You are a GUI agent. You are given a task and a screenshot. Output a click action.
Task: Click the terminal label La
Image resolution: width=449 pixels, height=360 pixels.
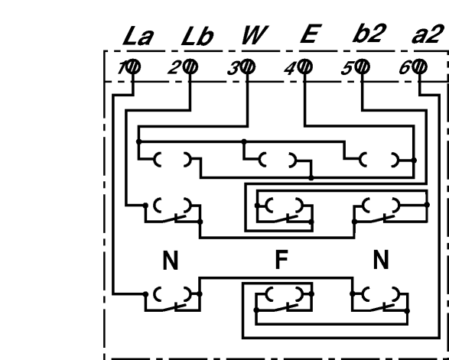point(138,36)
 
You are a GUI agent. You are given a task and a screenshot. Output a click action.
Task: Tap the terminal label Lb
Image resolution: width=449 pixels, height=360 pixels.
point(197,36)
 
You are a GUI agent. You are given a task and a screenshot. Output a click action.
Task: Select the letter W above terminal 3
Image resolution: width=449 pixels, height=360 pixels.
point(255,35)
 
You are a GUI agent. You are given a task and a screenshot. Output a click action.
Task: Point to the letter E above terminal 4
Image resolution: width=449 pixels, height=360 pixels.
point(311,34)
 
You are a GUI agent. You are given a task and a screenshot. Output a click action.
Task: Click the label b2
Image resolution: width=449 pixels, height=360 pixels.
point(369,34)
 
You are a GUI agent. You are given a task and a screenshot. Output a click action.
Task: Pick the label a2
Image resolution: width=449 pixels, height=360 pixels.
point(426,35)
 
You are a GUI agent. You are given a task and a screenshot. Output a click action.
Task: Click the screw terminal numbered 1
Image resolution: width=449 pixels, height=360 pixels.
point(133,66)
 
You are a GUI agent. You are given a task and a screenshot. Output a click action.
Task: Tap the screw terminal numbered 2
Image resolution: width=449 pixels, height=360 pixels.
point(190,66)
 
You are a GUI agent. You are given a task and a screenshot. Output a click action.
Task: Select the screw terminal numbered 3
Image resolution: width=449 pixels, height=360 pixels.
point(247,66)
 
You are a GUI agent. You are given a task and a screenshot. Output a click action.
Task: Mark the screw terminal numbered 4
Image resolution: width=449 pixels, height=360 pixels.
point(305,66)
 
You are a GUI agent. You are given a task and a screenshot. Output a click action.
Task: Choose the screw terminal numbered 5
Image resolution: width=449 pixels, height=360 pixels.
point(363,66)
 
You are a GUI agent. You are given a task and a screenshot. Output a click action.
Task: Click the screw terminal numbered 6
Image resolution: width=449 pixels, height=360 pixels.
point(419,66)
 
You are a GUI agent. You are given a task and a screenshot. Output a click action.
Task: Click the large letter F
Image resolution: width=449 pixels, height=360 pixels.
point(281,259)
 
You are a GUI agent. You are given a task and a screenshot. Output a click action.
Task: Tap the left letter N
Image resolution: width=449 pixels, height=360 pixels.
point(171,260)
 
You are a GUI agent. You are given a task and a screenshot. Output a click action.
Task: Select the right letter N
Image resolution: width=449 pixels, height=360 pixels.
point(381,260)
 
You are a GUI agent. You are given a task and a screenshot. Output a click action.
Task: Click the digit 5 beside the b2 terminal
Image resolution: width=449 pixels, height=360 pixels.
point(347,70)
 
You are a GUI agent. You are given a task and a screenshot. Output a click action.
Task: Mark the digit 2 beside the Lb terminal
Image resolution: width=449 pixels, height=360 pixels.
point(174,70)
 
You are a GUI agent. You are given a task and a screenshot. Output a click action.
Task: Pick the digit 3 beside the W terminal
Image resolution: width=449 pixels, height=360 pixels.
point(233,70)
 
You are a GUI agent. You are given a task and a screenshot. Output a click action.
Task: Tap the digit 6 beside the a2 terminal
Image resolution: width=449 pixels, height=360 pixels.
point(405,69)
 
